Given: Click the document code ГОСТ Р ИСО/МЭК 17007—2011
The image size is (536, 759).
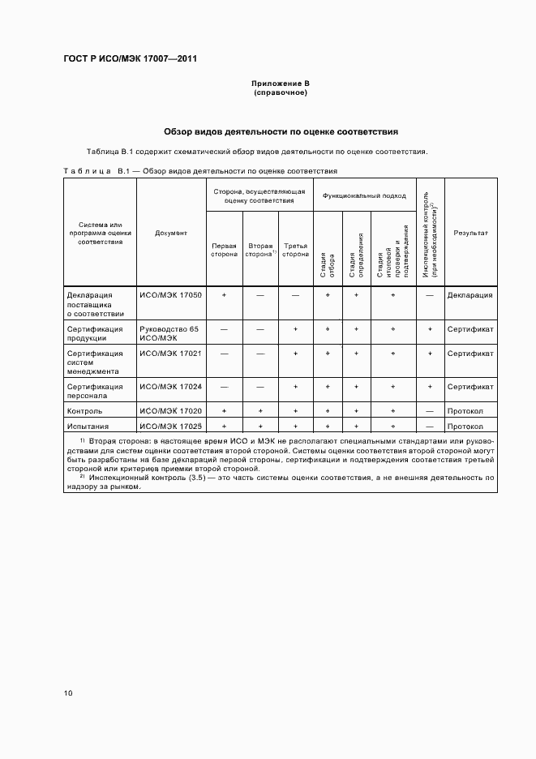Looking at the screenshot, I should [130, 59].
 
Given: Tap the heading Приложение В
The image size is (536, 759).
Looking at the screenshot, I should [280, 84].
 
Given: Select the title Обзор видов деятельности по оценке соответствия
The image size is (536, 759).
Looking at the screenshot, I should [280, 131].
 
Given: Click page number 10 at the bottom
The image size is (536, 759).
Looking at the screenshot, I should [68, 693].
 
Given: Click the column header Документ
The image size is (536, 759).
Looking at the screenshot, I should [171, 233].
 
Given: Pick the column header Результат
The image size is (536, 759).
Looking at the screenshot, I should [470, 233].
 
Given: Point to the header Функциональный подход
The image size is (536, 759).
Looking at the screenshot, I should [364, 195].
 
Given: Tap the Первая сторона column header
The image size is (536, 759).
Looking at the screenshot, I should [224, 249].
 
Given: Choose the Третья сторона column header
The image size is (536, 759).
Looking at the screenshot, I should [295, 249].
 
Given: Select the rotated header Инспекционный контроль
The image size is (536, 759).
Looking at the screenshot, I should [429, 235].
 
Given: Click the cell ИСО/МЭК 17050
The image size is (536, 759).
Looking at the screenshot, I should [170, 295].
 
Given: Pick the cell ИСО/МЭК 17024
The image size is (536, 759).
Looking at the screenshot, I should [170, 387].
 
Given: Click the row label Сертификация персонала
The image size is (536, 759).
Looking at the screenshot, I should [95, 392].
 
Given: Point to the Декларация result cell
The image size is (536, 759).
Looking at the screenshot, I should [470, 295].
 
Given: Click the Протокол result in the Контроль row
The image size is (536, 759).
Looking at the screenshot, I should [465, 411].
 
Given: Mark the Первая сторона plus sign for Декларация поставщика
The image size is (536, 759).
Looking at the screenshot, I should [224, 295].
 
